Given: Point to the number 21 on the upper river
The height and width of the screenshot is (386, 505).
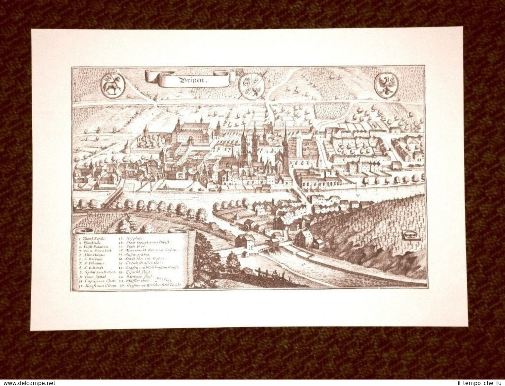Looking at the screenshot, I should click(358, 195).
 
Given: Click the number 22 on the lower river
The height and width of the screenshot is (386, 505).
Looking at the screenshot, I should click(303, 264).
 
